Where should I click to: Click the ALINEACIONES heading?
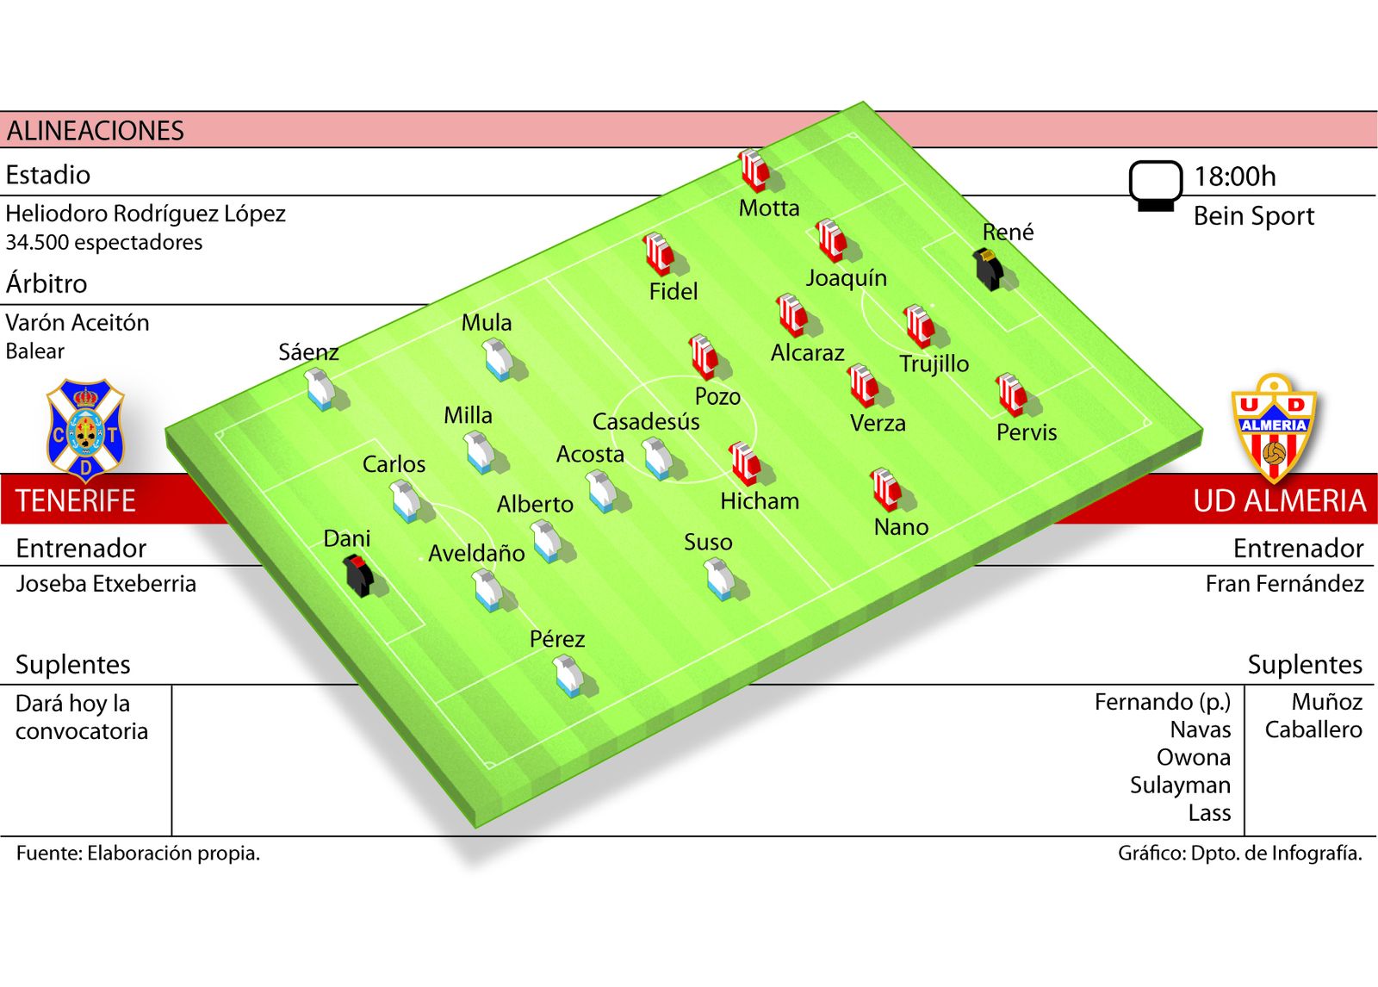pos(96,131)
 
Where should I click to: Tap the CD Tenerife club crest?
pos(84,429)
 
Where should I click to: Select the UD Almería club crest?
pos(1274,427)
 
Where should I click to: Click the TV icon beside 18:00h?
pos(1155,184)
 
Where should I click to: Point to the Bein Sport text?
pos(1253,216)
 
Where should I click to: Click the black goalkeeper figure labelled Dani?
pos(358,575)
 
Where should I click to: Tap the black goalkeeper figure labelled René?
pos(989,269)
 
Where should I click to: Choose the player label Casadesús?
pos(645,422)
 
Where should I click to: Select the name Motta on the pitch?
pos(768,208)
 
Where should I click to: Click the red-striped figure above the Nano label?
pos(885,489)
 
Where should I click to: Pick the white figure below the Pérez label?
pos(568,675)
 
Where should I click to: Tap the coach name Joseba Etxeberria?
pos(106,584)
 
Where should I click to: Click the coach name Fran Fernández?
pos(1284,584)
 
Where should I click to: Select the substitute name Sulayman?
pos(1180,785)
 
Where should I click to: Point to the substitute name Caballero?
pos(1313,729)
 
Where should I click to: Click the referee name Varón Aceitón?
pos(78,323)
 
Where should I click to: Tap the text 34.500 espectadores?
pos(103,242)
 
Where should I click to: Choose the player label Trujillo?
pos(934,363)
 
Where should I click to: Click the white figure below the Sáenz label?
pos(320,388)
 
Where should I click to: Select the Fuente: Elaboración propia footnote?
pos(138,853)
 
